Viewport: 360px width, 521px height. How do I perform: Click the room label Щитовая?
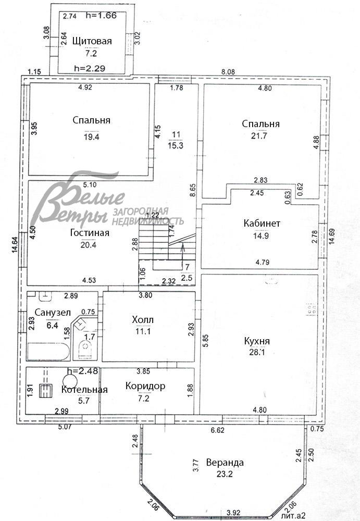point(92,41)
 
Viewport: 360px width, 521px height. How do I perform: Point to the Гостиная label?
point(90,232)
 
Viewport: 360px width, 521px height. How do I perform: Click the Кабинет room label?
point(262,224)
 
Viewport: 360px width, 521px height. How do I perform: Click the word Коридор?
point(145,386)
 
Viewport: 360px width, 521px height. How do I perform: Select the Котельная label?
point(84,390)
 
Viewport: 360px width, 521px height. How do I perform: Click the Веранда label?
point(225,462)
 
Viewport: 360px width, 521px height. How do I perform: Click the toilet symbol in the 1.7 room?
point(86,349)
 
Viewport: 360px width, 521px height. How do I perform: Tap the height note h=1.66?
point(101,15)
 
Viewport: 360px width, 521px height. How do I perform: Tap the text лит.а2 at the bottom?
point(293,516)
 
